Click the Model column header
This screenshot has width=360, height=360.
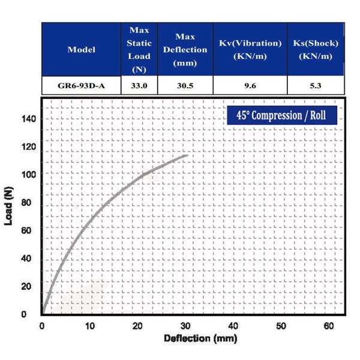pos(82,49)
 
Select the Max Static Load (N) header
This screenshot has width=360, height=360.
pos(139,49)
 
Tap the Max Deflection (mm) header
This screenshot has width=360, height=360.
pos(185,49)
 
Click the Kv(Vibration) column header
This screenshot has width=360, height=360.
pos(250,49)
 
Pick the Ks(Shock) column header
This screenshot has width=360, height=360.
pos(316,49)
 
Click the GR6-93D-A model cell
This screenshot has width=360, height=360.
pos(82,86)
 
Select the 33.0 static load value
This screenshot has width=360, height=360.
pos(139,86)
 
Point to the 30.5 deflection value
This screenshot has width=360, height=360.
pos(185,86)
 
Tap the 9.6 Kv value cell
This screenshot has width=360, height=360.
pos(250,86)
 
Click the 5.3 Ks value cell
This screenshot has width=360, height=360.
pos(316,86)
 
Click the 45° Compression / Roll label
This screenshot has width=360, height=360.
pos(281,115)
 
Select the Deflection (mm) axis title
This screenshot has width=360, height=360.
pos(193,338)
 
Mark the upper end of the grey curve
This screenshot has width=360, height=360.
pos(187,155)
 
